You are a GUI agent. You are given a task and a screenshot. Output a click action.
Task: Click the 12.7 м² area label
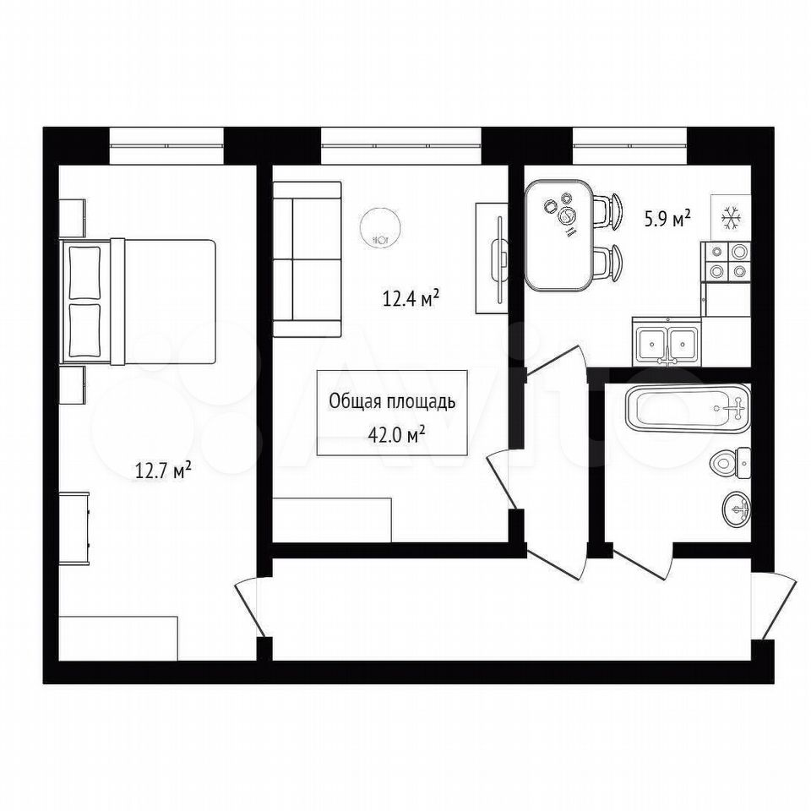[163, 471]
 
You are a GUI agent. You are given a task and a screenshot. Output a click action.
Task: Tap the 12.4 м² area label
[411, 298]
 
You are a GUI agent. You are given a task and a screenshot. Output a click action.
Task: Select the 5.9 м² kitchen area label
[667, 220]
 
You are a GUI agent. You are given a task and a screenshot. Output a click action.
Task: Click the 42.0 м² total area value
[396, 434]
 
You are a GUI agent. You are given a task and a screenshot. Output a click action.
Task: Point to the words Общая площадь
[392, 401]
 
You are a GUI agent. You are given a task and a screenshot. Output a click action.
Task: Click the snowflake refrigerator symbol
[730, 218]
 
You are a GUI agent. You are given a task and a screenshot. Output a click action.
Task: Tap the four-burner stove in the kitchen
[725, 262]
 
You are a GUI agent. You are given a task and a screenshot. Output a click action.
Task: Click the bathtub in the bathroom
[688, 409]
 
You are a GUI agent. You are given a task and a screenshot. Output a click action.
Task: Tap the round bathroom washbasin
[736, 509]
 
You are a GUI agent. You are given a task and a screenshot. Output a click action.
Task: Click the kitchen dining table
[558, 234]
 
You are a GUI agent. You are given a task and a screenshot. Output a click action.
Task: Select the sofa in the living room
[308, 259]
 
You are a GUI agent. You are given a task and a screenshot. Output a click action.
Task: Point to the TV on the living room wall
[499, 259]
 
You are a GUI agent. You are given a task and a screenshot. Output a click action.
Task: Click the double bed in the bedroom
[138, 302]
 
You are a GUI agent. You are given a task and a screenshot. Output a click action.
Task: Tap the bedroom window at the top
[166, 146]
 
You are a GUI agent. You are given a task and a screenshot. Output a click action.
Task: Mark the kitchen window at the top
[629, 146]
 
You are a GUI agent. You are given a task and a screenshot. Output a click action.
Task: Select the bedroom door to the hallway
[250, 608]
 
